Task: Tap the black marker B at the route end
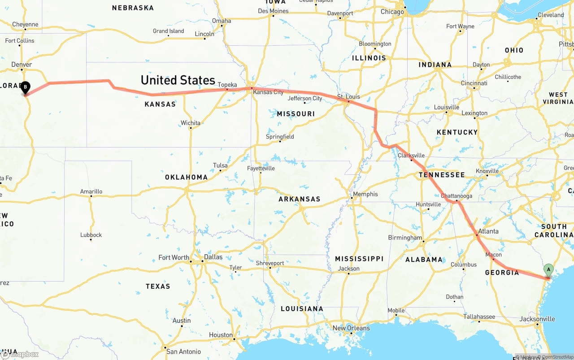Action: pyautogui.click(x=26, y=87)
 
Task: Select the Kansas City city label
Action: pyautogui.click(x=268, y=92)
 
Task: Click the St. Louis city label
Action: pyautogui.click(x=349, y=96)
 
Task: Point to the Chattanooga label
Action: pyautogui.click(x=457, y=196)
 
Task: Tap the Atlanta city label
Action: pyautogui.click(x=488, y=231)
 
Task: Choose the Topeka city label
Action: pyautogui.click(x=227, y=85)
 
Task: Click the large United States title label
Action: pyautogui.click(x=178, y=80)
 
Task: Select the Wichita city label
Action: pyautogui.click(x=191, y=123)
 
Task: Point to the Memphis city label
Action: pyautogui.click(x=365, y=194)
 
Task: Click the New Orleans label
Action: pyautogui.click(x=351, y=328)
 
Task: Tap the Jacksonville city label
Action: pyautogui.click(x=537, y=319)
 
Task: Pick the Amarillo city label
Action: pyautogui.click(x=91, y=191)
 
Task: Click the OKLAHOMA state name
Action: pyautogui.click(x=186, y=177)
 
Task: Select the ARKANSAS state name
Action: pyautogui.click(x=299, y=199)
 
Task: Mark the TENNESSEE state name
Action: pyautogui.click(x=442, y=175)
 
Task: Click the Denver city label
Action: pyautogui.click(x=22, y=65)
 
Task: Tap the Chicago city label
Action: pyautogui.click(x=392, y=12)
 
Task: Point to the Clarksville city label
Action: pyautogui.click(x=411, y=156)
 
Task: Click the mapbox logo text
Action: pyautogui.click(x=24, y=354)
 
